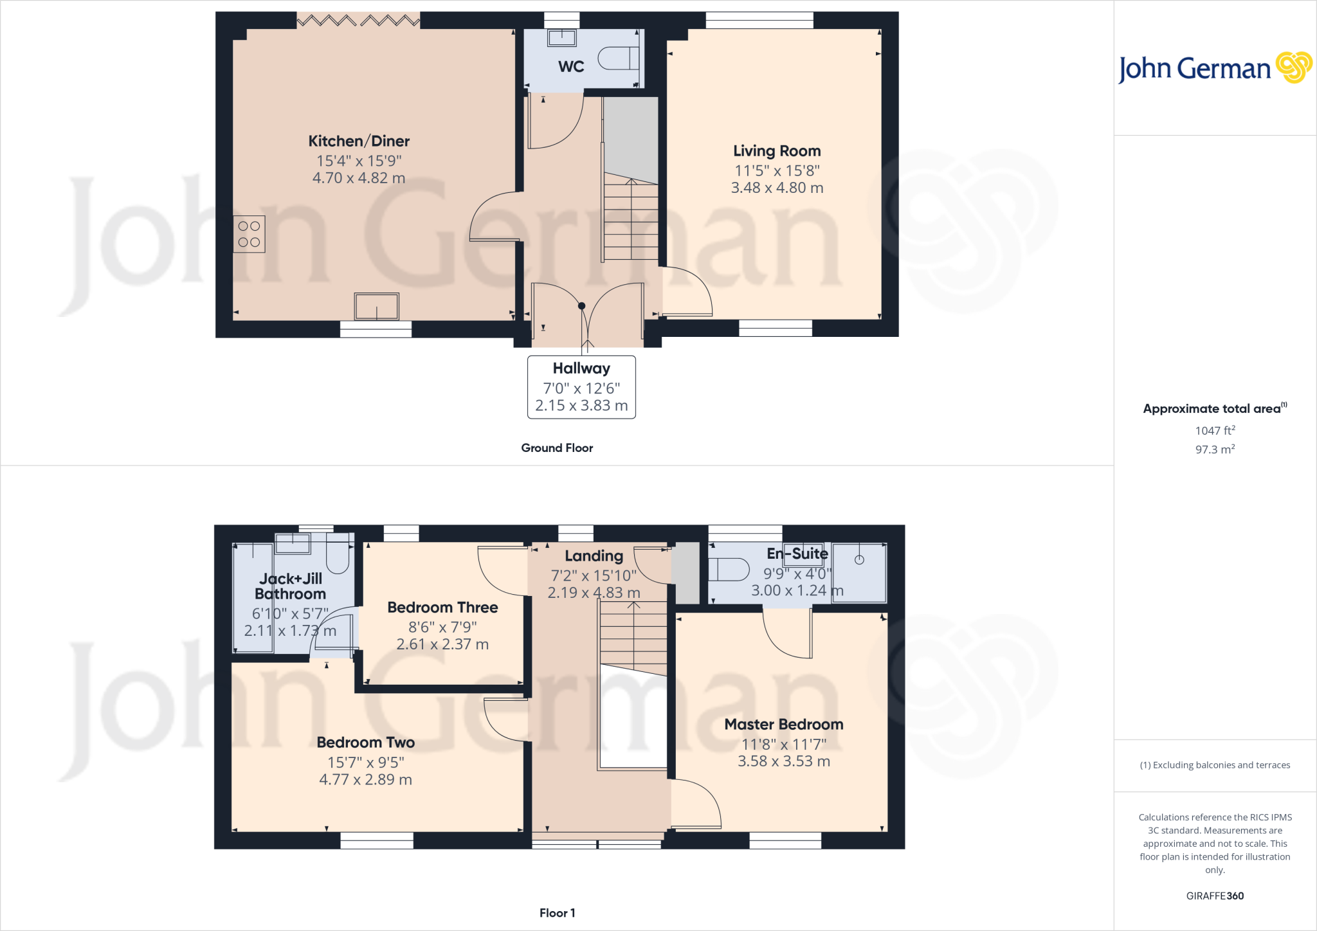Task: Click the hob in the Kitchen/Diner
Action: coord(249,234)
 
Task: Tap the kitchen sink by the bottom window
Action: coord(377,307)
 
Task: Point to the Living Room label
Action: coord(777,151)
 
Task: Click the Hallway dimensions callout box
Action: coord(581,387)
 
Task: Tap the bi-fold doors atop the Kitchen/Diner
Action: coord(358,21)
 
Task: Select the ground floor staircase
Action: coord(631,219)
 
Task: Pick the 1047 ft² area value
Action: coord(1215,431)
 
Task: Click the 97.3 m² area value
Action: coord(1215,449)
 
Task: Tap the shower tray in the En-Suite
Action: coord(860,572)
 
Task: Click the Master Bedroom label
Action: coord(784,725)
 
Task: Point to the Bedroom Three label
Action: coord(442,608)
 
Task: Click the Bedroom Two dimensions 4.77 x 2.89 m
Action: coord(365,780)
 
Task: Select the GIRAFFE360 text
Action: coord(1215,896)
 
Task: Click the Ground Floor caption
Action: coord(557,448)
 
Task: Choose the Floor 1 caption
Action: coord(557,913)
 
